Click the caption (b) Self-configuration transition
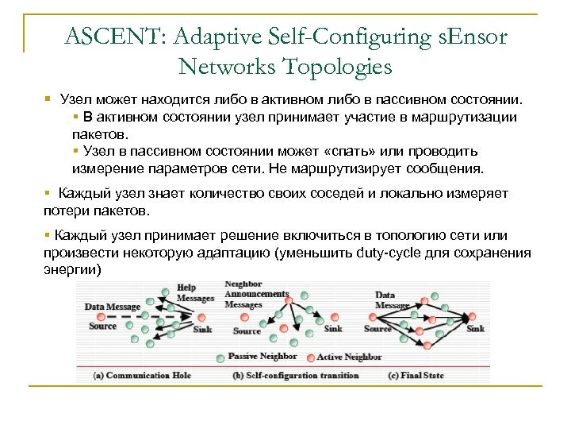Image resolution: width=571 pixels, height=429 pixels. tap(295, 375)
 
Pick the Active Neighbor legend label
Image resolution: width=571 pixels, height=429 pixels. tap(349, 357)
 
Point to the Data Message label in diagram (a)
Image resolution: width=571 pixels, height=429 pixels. tap(112, 307)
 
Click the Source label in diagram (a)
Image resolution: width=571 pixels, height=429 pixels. tap(103, 326)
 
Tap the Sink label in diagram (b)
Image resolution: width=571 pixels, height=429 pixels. tap(333, 328)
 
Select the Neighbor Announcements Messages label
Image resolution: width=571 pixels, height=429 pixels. tap(255, 294)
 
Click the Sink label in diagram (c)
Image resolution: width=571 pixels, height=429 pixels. tap(475, 328)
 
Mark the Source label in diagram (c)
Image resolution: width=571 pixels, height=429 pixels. tap(377, 328)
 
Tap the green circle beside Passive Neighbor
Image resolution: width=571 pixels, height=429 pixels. tap(222, 356)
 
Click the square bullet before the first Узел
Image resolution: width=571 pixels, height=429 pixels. tap(48, 100)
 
